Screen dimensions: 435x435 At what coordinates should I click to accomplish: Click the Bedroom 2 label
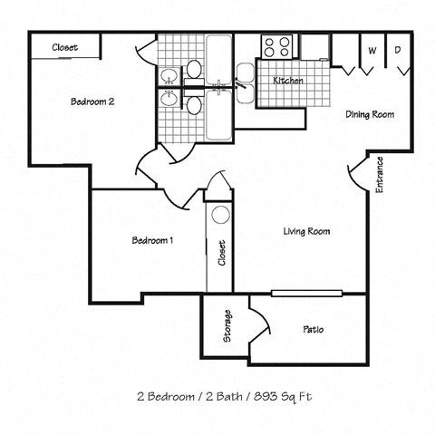pyautogui.click(x=92, y=101)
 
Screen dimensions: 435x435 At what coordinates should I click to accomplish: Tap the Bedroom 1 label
pyautogui.click(x=152, y=240)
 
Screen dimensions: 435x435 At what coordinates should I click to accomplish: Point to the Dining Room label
pyautogui.click(x=369, y=114)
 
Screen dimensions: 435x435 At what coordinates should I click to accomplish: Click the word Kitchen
pyautogui.click(x=288, y=81)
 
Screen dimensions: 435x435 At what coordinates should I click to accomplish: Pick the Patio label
pyautogui.click(x=314, y=329)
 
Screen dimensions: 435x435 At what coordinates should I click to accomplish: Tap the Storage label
pyautogui.click(x=227, y=327)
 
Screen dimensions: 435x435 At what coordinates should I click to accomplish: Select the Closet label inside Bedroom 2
pyautogui.click(x=64, y=47)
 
